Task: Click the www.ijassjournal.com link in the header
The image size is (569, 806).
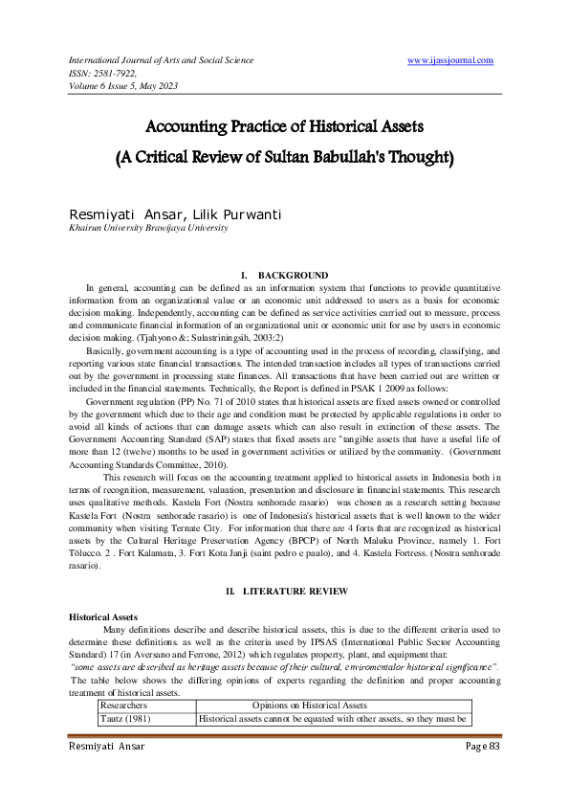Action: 449,60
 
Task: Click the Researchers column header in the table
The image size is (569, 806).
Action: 131,705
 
